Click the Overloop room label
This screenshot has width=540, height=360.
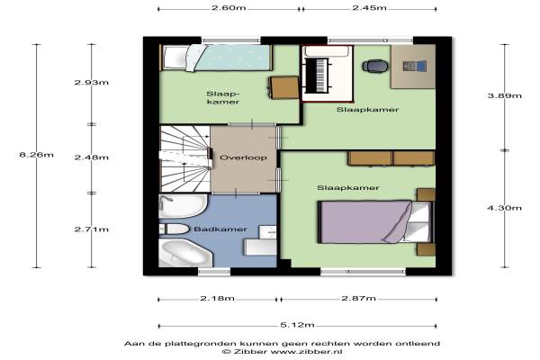243,157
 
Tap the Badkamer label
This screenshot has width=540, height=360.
220,229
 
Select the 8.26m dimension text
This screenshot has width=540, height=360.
37,155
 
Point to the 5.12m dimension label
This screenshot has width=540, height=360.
297,325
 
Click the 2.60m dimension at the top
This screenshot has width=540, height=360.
229,7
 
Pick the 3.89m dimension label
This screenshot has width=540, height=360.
505,95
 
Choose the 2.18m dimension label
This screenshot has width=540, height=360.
217,298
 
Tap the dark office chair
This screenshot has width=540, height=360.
375,66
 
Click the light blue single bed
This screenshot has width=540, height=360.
216,58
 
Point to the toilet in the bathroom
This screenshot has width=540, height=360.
175,229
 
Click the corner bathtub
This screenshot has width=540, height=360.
185,253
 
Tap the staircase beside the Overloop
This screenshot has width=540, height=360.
184,158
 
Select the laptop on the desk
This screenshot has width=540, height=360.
415,66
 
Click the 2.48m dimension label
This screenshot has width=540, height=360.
92,157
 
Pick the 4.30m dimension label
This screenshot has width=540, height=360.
505,208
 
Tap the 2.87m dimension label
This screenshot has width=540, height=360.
358,298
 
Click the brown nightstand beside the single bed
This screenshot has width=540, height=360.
283,87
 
